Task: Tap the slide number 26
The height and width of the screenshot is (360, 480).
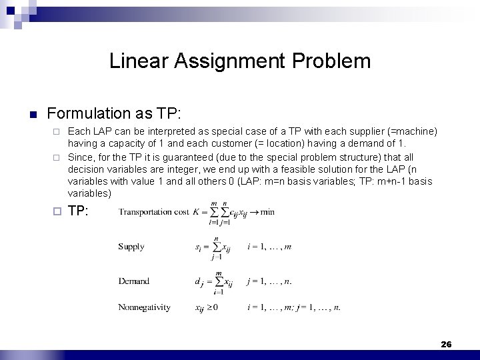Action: click(x=446, y=344)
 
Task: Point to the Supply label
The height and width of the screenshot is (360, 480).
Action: click(x=131, y=247)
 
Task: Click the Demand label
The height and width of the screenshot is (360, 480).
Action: click(x=133, y=281)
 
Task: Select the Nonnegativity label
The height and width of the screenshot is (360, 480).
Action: click(x=144, y=308)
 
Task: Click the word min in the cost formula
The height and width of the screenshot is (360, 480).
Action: click(x=267, y=212)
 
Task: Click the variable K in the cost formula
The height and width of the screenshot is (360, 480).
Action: click(x=197, y=212)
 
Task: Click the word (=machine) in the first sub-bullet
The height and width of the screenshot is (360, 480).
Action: click(x=413, y=131)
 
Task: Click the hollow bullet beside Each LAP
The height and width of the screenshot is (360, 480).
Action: click(x=57, y=131)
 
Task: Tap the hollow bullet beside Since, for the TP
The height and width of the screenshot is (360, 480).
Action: click(x=57, y=157)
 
